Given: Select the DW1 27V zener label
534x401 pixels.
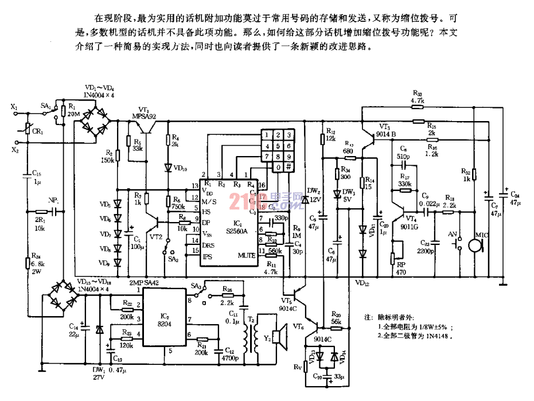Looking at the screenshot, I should (x=99, y=373).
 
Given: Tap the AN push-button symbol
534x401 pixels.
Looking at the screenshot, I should (x=457, y=245).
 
